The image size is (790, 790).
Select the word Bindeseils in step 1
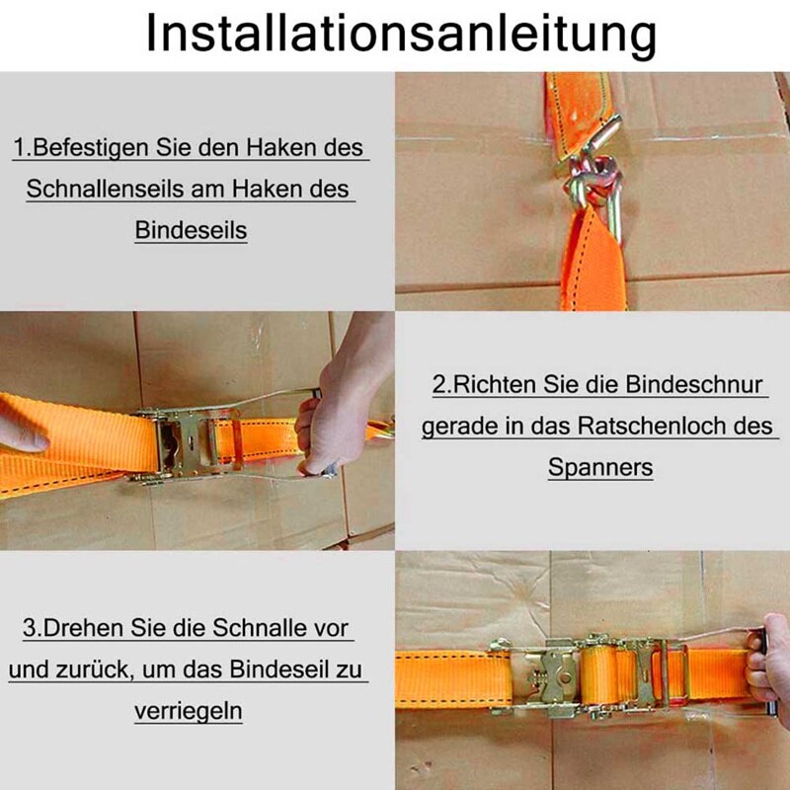coord(191,230)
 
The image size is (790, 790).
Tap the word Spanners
coord(600,467)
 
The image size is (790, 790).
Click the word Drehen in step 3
coord(82,628)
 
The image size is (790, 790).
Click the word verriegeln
coord(189,711)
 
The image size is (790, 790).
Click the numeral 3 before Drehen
coord(29,628)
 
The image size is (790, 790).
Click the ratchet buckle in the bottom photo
coord(592,676)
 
